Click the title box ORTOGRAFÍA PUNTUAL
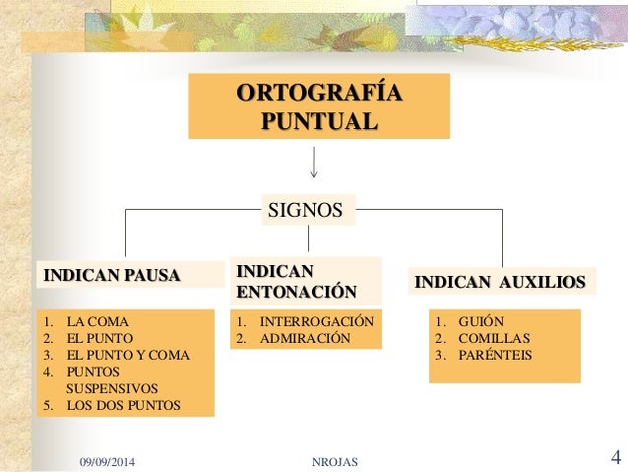(x=319, y=106)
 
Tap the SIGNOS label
(x=306, y=210)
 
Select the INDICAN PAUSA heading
(x=111, y=274)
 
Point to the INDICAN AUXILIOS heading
(x=500, y=283)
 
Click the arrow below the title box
(x=313, y=163)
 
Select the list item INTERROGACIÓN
(x=316, y=321)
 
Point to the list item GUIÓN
(x=481, y=321)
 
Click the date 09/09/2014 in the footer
(x=110, y=459)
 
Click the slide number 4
(x=615, y=457)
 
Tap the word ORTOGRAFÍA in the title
(x=319, y=95)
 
